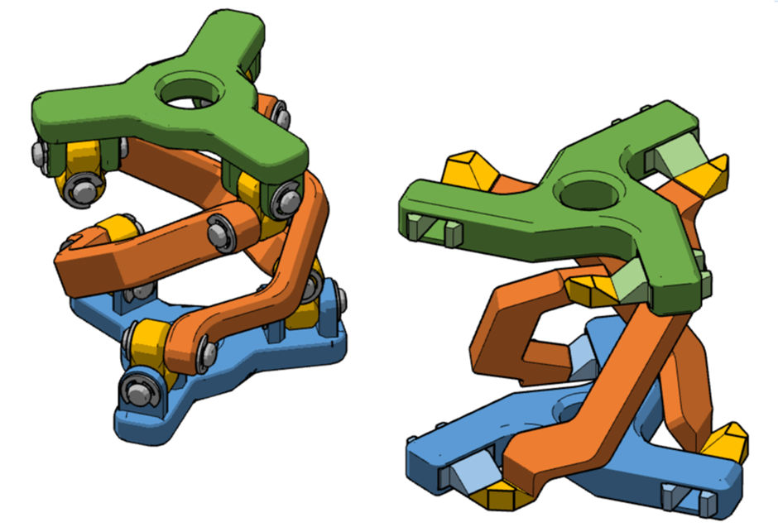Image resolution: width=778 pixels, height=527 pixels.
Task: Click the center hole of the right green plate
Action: (x=589, y=195)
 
